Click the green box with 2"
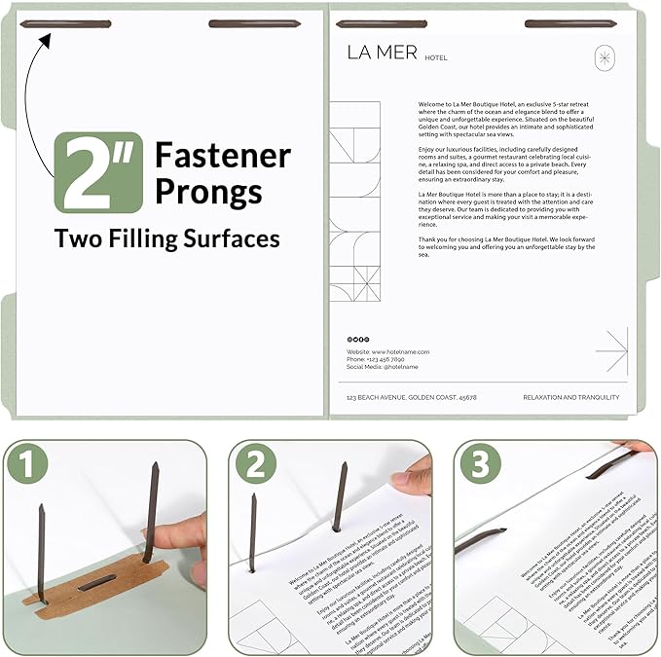[97, 172]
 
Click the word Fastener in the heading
[223, 156]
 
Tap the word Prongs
[208, 191]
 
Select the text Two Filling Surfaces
[166, 238]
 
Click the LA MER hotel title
[383, 53]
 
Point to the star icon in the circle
[606, 58]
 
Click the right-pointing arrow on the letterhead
[611, 349]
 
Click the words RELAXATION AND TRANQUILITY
[570, 397]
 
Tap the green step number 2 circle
[254, 464]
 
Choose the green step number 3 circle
[479, 464]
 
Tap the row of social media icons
[357, 339]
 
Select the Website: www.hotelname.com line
[387, 350]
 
